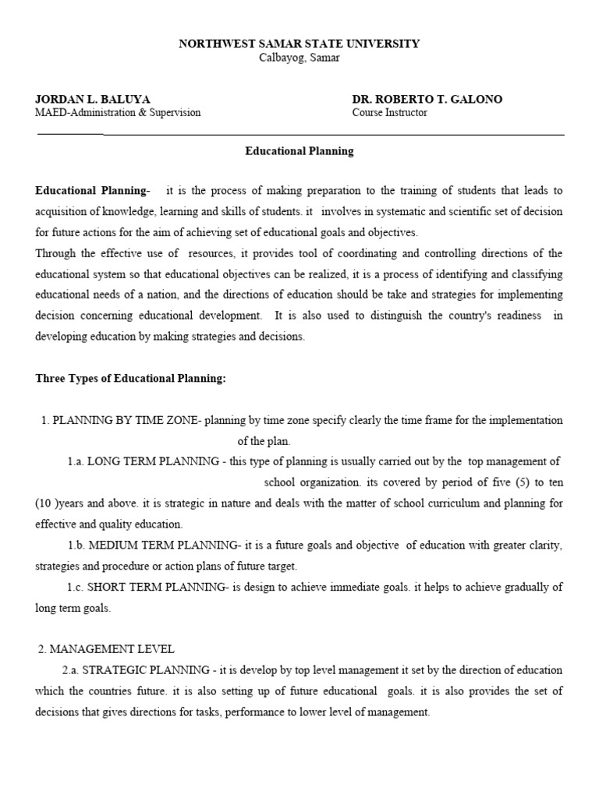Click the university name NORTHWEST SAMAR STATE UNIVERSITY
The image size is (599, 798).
(x=299, y=44)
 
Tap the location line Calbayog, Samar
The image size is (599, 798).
(x=299, y=58)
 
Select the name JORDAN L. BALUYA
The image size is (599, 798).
(x=93, y=99)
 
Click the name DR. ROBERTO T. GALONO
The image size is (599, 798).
(x=427, y=99)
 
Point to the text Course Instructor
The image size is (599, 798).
(x=389, y=112)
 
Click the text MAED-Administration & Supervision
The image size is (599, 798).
(x=118, y=112)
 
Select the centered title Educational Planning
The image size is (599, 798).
(x=299, y=151)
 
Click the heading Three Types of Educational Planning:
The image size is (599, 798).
(x=130, y=379)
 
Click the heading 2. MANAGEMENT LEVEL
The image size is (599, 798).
(x=106, y=649)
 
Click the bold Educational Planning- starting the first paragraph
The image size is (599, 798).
(x=92, y=191)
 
